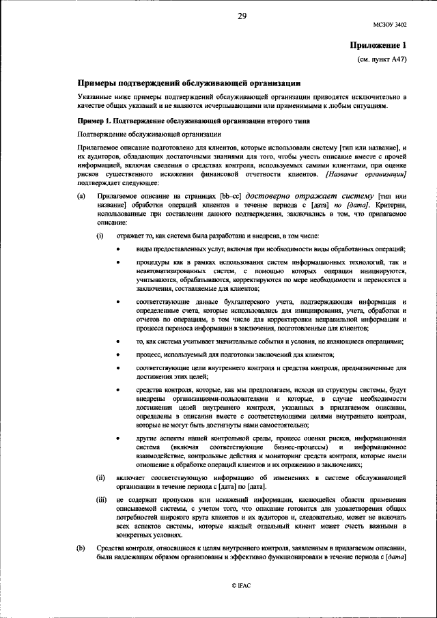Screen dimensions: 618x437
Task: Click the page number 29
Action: (242, 16)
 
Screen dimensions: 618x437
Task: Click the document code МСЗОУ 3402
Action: (390, 25)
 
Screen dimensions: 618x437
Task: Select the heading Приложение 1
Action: (378, 45)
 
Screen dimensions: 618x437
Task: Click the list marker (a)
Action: (81, 196)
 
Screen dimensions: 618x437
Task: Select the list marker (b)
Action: (81, 549)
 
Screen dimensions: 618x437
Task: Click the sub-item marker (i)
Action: (100, 235)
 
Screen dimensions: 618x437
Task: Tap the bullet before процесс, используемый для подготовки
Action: (119, 354)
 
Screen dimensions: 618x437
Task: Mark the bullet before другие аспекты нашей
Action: (119, 438)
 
